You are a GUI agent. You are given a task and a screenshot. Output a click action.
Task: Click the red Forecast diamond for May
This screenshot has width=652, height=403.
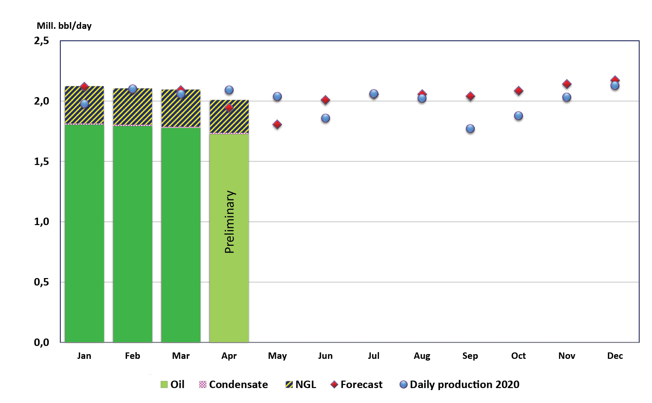tap(277, 125)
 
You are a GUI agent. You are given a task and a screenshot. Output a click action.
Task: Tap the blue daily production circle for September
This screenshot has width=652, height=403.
tap(470, 129)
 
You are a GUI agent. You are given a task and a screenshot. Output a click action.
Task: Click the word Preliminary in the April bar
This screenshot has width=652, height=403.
tap(230, 222)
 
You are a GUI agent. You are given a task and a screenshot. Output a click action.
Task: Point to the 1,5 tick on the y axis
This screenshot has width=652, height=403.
tap(41, 162)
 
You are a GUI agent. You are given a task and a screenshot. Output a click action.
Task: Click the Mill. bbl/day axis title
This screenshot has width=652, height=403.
tap(64, 26)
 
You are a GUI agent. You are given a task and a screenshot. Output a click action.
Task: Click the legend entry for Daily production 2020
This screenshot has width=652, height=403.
tap(459, 384)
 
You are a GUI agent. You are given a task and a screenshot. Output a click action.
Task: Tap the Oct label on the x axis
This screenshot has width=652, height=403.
tap(518, 356)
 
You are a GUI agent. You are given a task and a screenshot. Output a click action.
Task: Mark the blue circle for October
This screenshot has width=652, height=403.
tap(518, 116)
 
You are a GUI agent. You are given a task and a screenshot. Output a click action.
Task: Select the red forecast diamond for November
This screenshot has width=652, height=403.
tap(566, 84)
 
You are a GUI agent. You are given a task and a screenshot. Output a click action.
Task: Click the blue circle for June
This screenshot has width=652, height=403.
tap(325, 118)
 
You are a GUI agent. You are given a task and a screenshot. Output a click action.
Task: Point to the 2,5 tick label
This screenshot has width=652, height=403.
tap(41, 41)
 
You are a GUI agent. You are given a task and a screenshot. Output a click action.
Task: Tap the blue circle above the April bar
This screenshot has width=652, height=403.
tap(229, 90)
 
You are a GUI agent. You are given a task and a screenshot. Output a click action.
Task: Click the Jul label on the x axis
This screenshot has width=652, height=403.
tap(374, 356)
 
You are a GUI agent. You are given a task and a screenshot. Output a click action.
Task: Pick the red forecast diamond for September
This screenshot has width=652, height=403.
tap(470, 96)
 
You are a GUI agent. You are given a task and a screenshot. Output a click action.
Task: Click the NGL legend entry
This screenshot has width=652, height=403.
tap(301, 384)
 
